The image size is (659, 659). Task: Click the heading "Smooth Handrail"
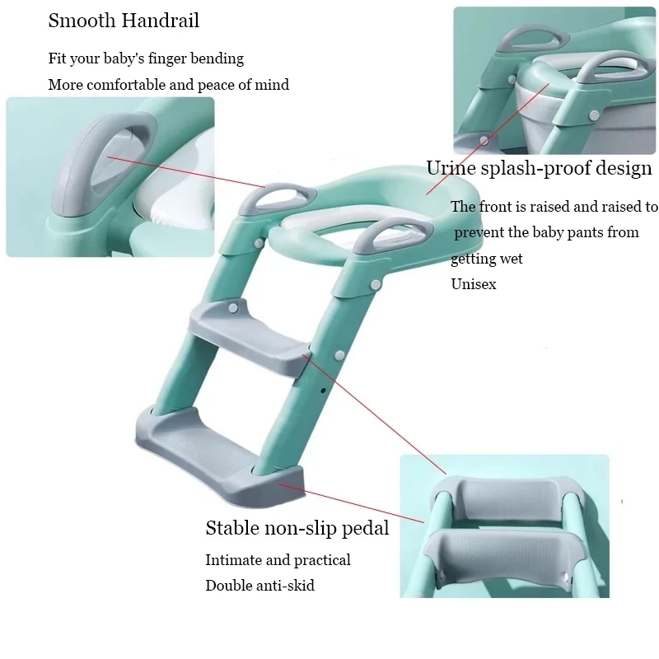pos(124,21)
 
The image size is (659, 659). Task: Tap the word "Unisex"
pos(473,283)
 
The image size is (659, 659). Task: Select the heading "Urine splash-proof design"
pos(539,169)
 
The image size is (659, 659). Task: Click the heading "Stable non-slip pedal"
pos(297,528)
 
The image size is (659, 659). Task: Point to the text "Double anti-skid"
pos(259,586)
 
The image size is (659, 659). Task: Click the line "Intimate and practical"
pos(278,560)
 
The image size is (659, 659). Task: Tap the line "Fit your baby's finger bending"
pos(146,58)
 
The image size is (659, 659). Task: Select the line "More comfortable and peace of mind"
pos(168,85)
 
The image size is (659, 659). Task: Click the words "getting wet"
pos(486,259)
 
